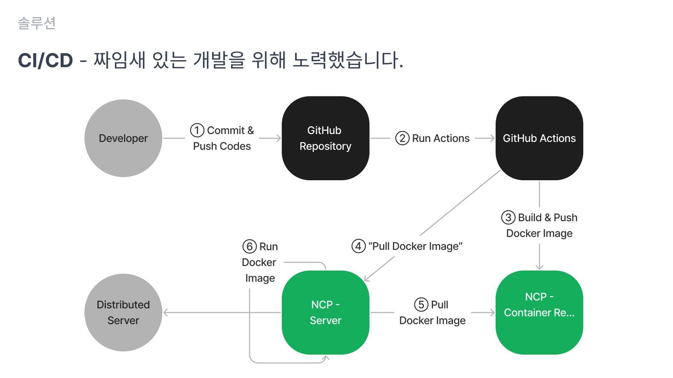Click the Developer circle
(123, 138)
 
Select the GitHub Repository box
(325, 138)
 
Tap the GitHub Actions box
(539, 138)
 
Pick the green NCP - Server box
(325, 312)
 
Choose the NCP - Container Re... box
(539, 312)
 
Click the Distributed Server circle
(123, 312)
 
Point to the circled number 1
(197, 130)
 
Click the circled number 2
(402, 138)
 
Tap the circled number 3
(508, 218)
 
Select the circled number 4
(358, 246)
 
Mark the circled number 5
(421, 305)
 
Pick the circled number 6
(250, 247)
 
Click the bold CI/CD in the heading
(46, 61)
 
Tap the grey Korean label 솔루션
(37, 23)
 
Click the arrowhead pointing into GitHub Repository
(279, 138)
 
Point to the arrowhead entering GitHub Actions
(492, 138)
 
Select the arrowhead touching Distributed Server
(166, 312)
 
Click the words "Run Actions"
(441, 138)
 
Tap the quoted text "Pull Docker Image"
(415, 246)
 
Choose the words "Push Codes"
(222, 146)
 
